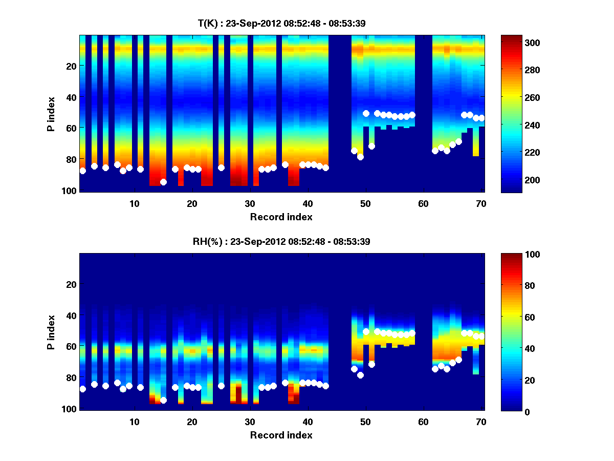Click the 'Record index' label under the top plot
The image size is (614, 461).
pos(281,217)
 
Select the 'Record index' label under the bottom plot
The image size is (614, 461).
pos(281,435)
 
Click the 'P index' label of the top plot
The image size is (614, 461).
pos(51,113)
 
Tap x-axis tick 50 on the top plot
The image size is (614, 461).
pos(365,203)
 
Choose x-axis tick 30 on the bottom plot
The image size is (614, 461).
pos(250,422)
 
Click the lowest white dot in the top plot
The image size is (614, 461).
pos(163,182)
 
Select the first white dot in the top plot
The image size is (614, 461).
pos(83,171)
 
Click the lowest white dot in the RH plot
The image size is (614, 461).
pos(163,400)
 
